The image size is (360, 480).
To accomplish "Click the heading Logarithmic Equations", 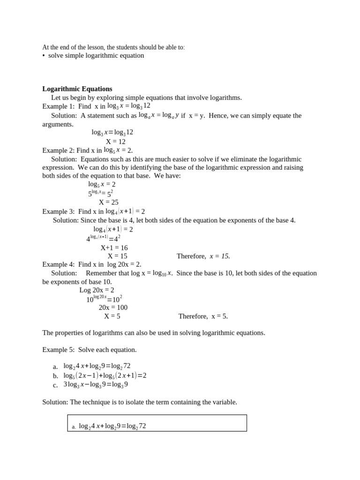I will [77, 89].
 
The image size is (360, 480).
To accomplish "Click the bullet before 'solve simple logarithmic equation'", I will [44, 56].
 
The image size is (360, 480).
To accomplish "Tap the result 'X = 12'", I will [115, 142].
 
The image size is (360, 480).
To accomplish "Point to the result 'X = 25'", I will [108, 202].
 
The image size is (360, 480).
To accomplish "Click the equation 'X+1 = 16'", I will [114, 247].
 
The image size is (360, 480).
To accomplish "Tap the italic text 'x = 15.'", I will [220, 256].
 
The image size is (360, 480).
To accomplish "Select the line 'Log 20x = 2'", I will [97, 290].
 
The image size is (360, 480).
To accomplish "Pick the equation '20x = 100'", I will [113, 307].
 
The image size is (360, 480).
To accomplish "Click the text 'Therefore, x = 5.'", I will [203, 316].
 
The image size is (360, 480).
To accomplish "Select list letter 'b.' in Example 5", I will [55, 376].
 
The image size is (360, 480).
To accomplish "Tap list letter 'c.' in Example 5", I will [55, 385].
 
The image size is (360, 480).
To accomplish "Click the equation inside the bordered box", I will [112, 426].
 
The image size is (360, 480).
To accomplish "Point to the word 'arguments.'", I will [58, 124].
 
